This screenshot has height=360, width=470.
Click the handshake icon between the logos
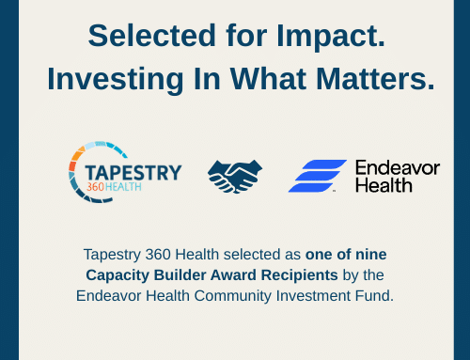[235, 175]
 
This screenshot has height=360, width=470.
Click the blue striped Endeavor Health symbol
[317, 176]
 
